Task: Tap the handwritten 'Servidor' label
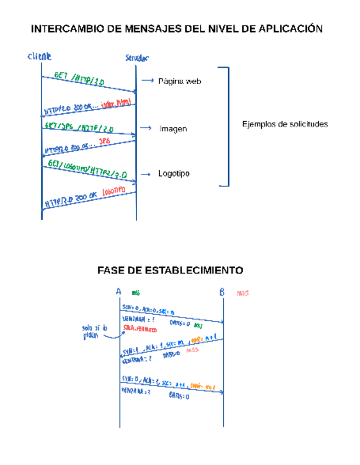coord(137,58)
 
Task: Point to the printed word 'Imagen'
coord(173,129)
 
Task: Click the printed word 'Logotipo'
coord(174,174)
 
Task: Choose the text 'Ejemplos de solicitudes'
coord(285,124)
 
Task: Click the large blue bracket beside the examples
coord(224,126)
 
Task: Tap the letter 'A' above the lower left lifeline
coord(119,292)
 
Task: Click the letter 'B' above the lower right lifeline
coord(222,292)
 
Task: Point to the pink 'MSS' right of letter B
coord(243,293)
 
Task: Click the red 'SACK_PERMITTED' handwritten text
coord(140,330)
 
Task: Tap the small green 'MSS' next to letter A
coord(136,293)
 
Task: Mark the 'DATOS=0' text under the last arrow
coord(179,396)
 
